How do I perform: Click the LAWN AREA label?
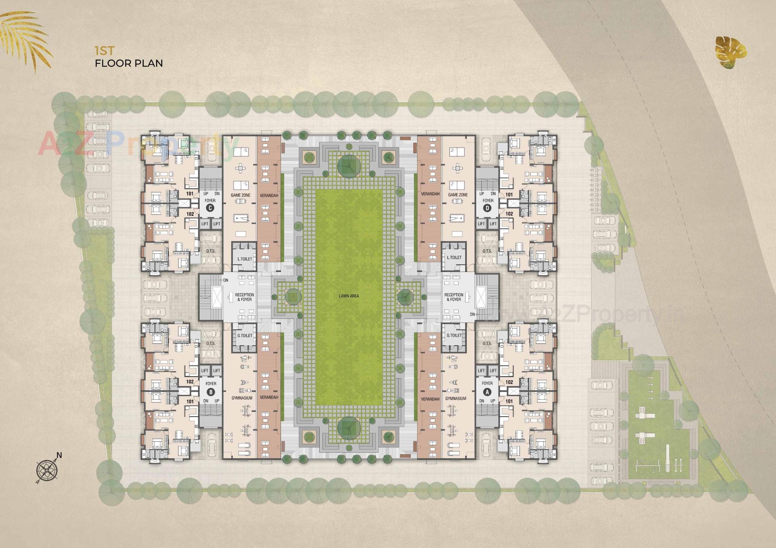(x=349, y=296)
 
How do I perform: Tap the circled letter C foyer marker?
(x=210, y=208)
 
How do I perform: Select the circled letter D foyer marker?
(x=487, y=208)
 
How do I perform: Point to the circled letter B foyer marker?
(x=211, y=392)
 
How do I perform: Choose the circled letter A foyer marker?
(x=487, y=392)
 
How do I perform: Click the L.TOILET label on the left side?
(x=245, y=259)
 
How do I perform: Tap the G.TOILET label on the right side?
(x=454, y=335)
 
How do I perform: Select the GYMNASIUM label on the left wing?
(x=242, y=398)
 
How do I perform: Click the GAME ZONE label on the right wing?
(x=458, y=195)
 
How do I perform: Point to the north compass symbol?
(x=48, y=469)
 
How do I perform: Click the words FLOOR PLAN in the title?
(x=129, y=63)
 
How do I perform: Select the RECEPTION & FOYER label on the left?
(x=245, y=297)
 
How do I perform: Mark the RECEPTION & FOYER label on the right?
(x=454, y=297)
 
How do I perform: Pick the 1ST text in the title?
(x=105, y=51)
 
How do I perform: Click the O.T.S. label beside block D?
(x=487, y=251)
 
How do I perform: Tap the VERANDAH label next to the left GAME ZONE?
(x=269, y=196)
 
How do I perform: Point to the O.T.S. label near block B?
(x=211, y=344)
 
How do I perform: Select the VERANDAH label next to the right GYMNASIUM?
(x=430, y=399)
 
